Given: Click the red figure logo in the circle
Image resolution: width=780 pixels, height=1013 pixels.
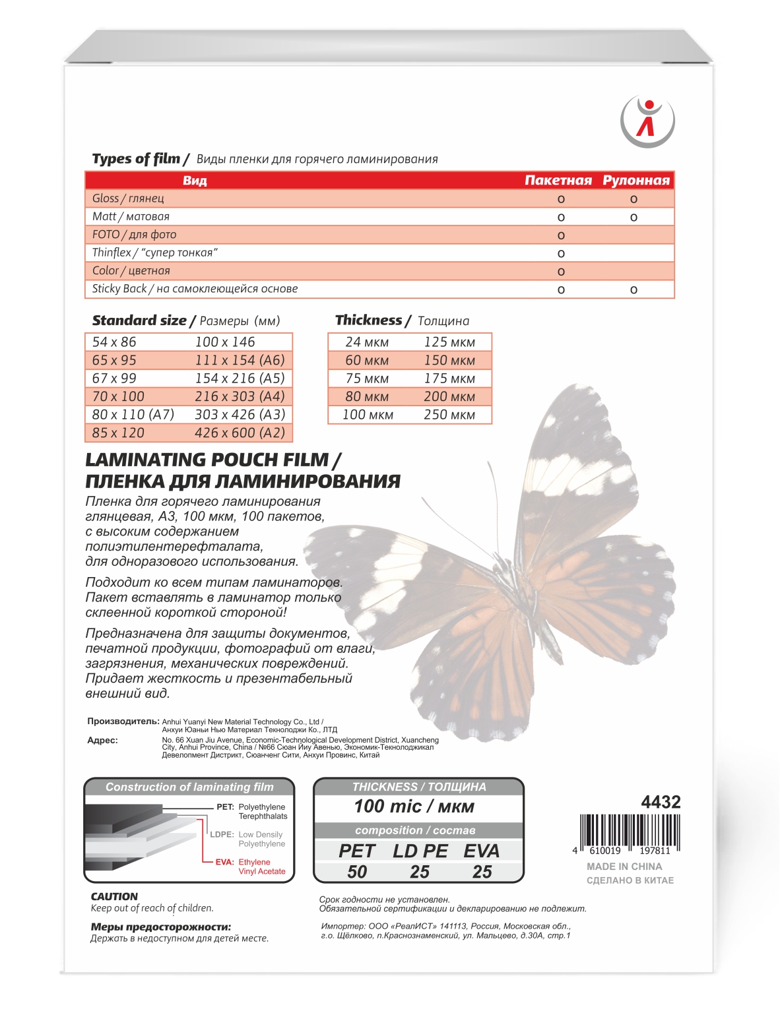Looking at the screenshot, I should pyautogui.click(x=647, y=120).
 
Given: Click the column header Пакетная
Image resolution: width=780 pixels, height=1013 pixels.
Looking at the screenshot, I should pyautogui.click(x=558, y=180).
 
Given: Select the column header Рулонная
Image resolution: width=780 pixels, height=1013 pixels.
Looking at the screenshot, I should pyautogui.click(x=635, y=180).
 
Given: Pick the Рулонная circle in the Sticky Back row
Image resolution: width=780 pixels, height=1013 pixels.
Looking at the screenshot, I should pyautogui.click(x=634, y=290).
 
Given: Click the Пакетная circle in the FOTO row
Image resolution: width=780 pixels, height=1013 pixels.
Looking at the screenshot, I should pyautogui.click(x=561, y=235).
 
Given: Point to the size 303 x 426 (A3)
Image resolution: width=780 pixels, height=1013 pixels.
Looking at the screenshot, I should pyautogui.click(x=240, y=414).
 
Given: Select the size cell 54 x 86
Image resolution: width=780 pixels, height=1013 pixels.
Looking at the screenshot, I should pyautogui.click(x=114, y=342).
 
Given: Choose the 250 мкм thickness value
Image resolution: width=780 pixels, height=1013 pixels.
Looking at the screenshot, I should pyautogui.click(x=449, y=414).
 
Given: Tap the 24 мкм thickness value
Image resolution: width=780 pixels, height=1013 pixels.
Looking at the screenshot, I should pyautogui.click(x=367, y=342).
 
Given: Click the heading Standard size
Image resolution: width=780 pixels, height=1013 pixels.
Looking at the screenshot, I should pyautogui.click(x=139, y=321).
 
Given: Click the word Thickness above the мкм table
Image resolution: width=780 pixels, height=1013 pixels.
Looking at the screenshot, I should pyautogui.click(x=368, y=320).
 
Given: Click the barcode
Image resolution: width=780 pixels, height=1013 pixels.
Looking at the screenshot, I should pyautogui.click(x=630, y=832).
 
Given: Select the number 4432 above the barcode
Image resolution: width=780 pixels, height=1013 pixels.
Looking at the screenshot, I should pyautogui.click(x=661, y=802).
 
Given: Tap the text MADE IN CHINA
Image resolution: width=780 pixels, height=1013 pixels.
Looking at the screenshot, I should pyautogui.click(x=624, y=867).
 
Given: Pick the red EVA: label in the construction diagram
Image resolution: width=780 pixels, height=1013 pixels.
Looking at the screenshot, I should pyautogui.click(x=224, y=862).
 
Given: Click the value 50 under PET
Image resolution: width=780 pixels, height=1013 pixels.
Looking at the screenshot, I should pyautogui.click(x=357, y=872).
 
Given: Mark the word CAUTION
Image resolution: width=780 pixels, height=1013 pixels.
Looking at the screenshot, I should pyautogui.click(x=114, y=896).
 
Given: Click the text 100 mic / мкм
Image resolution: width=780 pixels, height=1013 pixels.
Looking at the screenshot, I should pyautogui.click(x=414, y=806).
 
